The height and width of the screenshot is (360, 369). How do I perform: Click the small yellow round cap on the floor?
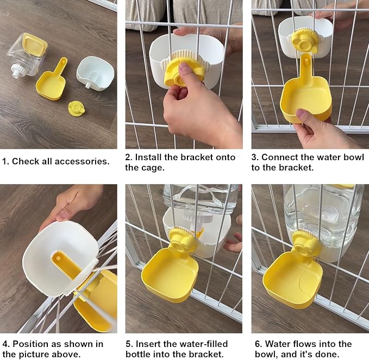(x=77, y=109)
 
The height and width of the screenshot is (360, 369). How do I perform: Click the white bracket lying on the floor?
(x=95, y=74)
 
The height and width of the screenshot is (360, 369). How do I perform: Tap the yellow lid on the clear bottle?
(x=35, y=45)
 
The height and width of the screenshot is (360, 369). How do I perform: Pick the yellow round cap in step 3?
(x=304, y=41)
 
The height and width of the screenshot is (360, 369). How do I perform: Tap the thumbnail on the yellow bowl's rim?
(x=302, y=113)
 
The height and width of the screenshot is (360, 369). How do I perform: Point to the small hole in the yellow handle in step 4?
(x=58, y=258)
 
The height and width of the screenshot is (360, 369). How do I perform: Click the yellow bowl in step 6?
(x=293, y=279)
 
